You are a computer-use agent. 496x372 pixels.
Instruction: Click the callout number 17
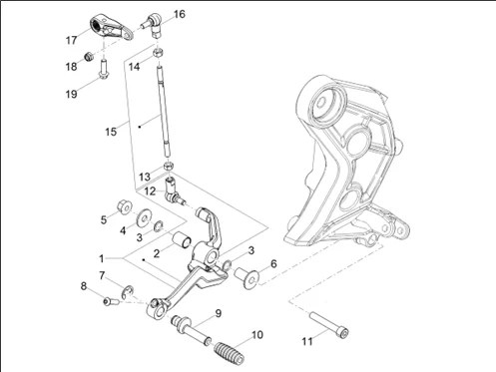(x=72, y=40)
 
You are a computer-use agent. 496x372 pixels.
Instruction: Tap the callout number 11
(x=307, y=341)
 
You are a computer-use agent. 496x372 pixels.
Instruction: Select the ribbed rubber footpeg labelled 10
(x=229, y=353)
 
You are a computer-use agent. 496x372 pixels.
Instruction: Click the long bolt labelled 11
(x=329, y=324)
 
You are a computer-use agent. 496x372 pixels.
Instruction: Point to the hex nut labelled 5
(x=125, y=206)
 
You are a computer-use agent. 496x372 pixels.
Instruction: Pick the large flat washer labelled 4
(x=144, y=218)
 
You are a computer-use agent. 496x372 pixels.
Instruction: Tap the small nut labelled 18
(x=88, y=57)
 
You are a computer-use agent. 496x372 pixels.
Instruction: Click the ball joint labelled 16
(x=152, y=23)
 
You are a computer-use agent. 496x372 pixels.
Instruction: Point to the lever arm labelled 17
(x=111, y=27)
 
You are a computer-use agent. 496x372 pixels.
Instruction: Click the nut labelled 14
(x=158, y=53)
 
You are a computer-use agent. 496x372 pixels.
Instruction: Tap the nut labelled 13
(x=169, y=166)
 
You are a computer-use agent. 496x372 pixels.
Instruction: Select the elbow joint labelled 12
(x=173, y=191)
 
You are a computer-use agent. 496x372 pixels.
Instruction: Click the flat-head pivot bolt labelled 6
(x=248, y=278)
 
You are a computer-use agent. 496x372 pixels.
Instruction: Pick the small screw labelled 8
(x=111, y=301)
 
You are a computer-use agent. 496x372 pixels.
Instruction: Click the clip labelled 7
(x=128, y=292)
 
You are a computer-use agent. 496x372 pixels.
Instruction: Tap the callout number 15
(x=111, y=132)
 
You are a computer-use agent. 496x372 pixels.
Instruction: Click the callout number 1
(x=102, y=258)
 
